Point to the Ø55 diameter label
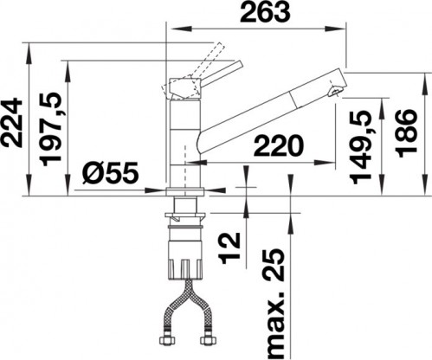click(110, 176)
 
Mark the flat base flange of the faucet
click(184, 190)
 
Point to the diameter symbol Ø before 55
click(93, 176)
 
